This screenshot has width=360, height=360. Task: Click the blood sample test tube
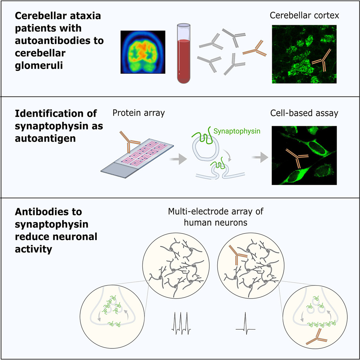(184, 53)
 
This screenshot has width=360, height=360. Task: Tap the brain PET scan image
(143, 52)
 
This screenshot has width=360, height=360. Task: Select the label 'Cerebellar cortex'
(304, 16)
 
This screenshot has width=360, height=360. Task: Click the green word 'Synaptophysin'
(237, 131)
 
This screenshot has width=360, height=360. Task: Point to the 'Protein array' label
(139, 113)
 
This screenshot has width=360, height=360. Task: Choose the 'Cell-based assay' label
(304, 113)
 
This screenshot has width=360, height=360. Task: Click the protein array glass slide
(137, 158)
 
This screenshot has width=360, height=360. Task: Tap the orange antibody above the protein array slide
(129, 142)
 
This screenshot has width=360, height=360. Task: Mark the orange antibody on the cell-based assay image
(296, 158)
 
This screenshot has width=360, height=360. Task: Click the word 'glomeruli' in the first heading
(39, 65)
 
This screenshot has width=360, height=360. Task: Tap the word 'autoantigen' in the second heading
(45, 138)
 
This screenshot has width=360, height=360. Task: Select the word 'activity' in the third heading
(34, 249)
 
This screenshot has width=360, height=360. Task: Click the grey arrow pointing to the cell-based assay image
(260, 158)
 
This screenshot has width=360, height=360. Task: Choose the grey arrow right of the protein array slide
(178, 159)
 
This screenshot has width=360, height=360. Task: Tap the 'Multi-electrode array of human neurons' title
(215, 217)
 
